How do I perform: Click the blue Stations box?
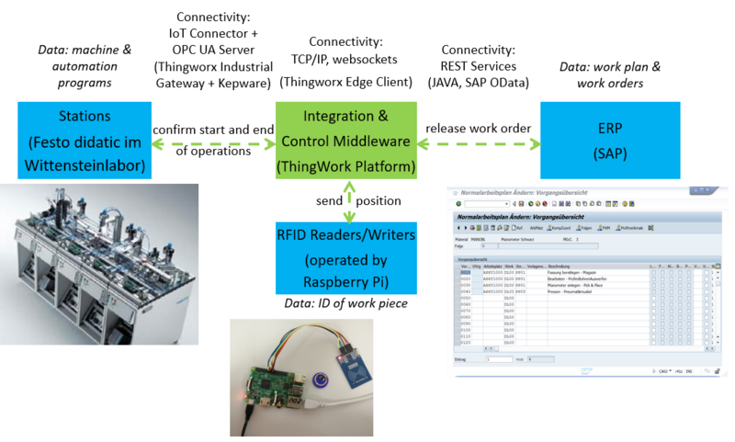83,141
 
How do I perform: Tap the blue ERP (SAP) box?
609,140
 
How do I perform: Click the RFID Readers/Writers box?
347,258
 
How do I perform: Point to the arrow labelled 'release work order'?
478,142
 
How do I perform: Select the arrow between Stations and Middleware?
211,142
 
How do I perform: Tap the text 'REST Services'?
478,65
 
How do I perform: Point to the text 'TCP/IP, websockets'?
346,62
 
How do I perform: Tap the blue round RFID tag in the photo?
322,380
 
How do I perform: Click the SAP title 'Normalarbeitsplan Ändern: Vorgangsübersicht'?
524,192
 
